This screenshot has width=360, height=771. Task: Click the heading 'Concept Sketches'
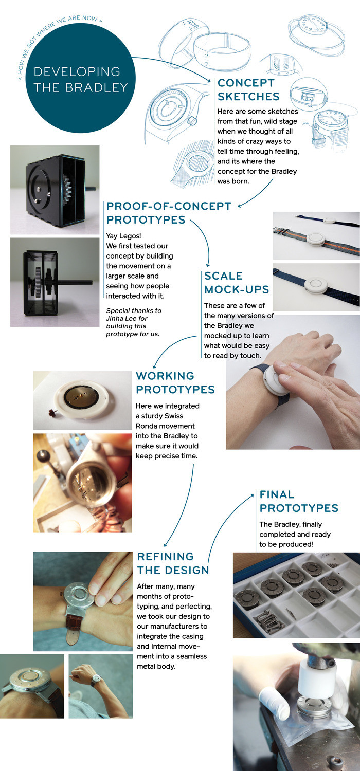tap(248, 89)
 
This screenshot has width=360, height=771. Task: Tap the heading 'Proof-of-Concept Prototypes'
tap(169, 213)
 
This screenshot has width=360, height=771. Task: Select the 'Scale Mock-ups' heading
tap(237, 282)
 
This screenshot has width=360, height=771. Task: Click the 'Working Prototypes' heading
tap(175, 382)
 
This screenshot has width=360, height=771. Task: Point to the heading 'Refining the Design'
tap(173, 563)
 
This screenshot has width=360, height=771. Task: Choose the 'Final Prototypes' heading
tap(299, 501)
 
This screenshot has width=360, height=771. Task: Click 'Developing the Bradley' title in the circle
tap(80, 79)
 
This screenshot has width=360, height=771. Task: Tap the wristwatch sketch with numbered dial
tap(331, 122)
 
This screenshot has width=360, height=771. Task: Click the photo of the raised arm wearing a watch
tap(100, 686)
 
